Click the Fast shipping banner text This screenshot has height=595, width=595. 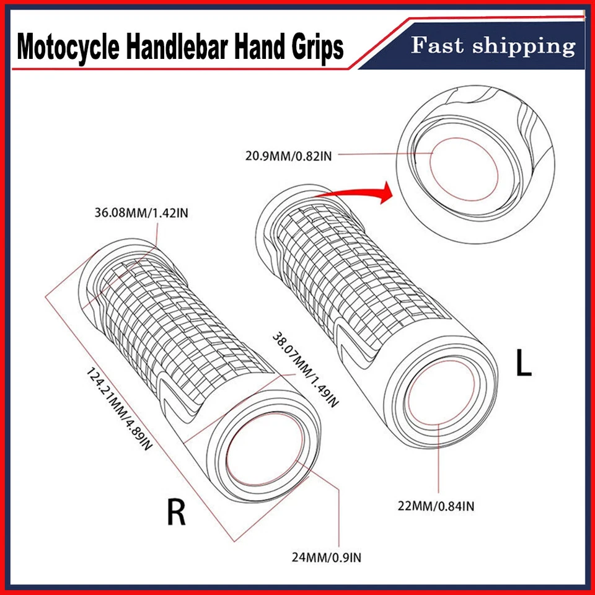[x=493, y=46]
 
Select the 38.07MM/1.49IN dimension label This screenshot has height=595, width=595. [x=305, y=369]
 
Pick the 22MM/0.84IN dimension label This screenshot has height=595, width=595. [x=436, y=506]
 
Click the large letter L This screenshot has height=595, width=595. [x=524, y=364]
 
